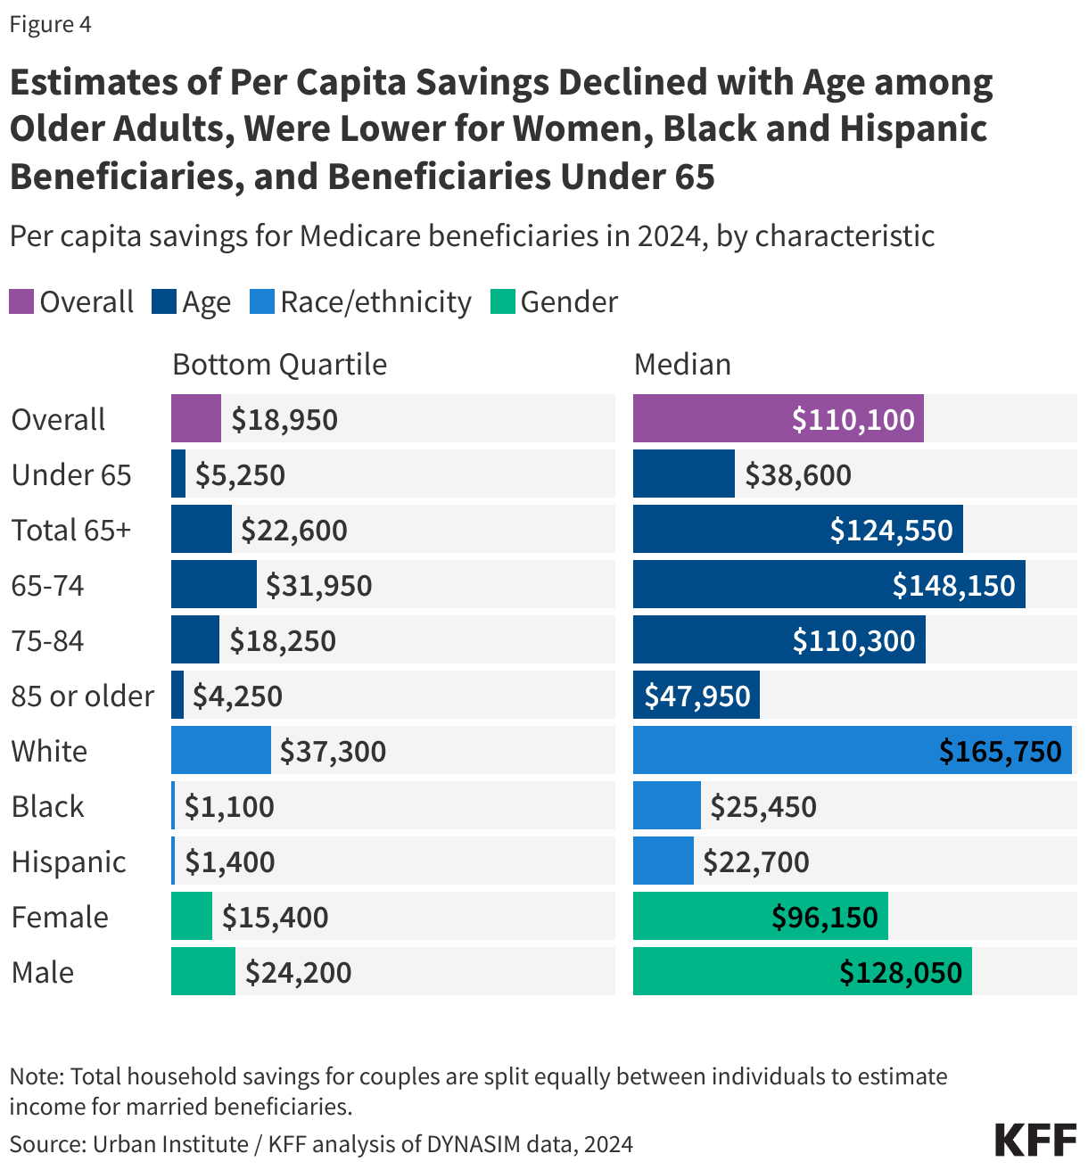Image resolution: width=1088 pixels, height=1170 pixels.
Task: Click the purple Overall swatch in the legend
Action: [21, 301]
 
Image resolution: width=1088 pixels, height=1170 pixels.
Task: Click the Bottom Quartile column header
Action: [279, 365]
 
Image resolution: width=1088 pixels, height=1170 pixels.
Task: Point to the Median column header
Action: [682, 365]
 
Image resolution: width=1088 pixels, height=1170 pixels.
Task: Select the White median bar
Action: [852, 751]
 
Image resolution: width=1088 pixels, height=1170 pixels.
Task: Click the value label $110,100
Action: [853, 419]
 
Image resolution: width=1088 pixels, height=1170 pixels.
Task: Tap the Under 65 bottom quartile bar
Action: [178, 474]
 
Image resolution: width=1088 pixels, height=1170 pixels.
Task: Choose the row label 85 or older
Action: [82, 696]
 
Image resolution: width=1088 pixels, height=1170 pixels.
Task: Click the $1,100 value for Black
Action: [229, 806]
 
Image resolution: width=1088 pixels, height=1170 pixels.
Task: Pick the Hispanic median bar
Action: [663, 861]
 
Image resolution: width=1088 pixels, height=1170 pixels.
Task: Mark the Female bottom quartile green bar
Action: [192, 917]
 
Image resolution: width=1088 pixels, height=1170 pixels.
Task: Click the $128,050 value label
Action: [901, 972]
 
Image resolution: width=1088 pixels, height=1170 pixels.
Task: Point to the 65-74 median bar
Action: [828, 585]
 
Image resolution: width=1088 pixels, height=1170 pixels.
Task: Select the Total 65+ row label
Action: [71, 530]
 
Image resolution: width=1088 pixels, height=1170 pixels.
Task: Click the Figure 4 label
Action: [50, 24]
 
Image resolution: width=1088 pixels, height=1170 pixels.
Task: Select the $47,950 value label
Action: [697, 696]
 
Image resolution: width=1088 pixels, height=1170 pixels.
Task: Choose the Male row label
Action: [43, 972]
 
